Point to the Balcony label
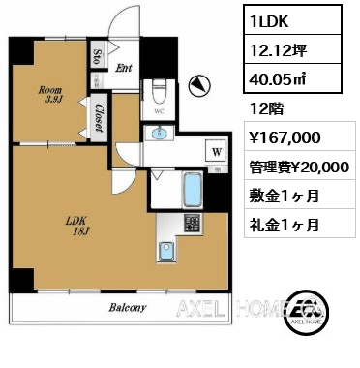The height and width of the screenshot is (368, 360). click(x=126, y=309)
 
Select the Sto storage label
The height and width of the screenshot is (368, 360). click(x=99, y=55)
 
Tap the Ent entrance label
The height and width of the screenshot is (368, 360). click(x=125, y=68)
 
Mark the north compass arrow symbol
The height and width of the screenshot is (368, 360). click(x=198, y=87)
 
